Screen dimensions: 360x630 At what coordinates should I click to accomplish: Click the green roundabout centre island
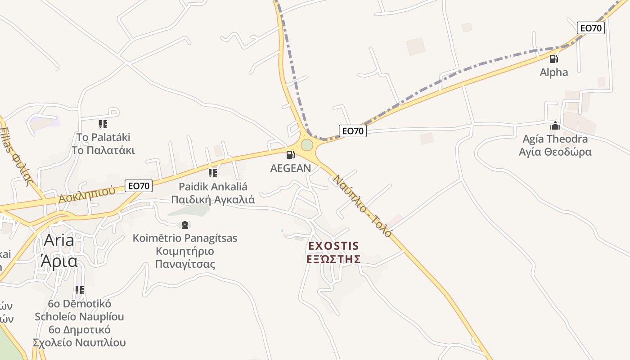307,145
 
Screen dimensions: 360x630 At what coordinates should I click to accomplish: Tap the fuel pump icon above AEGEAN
291,155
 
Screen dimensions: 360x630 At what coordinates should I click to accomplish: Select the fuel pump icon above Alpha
554,59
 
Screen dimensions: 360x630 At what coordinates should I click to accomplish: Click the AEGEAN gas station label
290,168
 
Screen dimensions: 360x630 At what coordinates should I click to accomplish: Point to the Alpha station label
554,72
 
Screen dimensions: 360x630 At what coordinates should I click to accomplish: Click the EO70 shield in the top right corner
591,28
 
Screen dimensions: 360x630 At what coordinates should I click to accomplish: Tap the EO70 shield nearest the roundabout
353,131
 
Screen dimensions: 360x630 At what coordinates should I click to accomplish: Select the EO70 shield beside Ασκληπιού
139,185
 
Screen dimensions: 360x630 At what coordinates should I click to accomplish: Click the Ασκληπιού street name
87,194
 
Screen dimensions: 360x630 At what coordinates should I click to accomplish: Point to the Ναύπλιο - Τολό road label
362,206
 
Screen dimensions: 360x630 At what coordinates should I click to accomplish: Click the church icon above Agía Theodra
555,126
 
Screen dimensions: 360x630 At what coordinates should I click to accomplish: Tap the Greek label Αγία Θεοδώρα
555,152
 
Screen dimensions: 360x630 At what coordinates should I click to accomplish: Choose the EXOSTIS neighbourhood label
333,246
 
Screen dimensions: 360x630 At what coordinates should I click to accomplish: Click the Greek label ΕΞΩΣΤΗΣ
333,259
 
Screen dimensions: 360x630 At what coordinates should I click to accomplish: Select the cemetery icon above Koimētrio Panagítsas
184,225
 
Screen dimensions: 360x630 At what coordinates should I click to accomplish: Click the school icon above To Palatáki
103,124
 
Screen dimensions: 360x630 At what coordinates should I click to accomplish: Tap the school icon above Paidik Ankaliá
213,173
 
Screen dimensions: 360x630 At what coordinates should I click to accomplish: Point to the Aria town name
59,240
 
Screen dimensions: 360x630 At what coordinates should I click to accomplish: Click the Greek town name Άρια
59,261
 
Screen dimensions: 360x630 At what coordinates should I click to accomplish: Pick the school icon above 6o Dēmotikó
80,290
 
